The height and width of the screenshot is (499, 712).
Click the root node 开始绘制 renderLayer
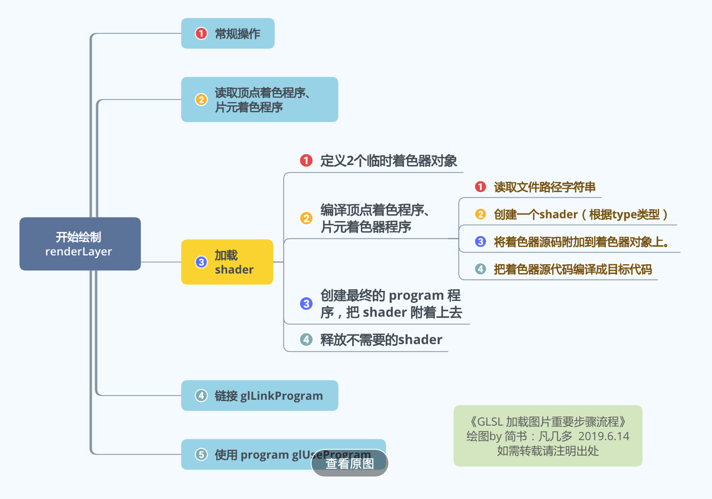click(80, 244)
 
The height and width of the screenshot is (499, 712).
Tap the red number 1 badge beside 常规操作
click(201, 34)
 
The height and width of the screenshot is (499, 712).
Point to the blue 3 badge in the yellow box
click(201, 262)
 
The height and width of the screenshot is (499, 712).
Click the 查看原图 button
click(350, 463)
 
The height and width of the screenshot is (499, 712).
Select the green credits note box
click(548, 436)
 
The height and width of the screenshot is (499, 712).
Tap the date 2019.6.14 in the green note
click(603, 436)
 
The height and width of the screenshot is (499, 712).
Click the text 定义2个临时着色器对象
click(388, 161)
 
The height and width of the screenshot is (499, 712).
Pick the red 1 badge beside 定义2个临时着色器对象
click(306, 161)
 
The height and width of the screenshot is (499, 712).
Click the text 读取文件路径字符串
click(545, 187)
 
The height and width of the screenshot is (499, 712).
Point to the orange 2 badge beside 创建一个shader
click(480, 214)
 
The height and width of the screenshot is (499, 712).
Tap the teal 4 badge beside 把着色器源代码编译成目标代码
click(480, 269)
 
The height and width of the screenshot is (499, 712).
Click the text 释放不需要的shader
click(381, 340)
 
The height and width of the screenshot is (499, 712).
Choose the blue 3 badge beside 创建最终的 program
click(306, 303)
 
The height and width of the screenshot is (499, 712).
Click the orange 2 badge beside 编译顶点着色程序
click(306, 218)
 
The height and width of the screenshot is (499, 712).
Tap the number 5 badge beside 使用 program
click(201, 455)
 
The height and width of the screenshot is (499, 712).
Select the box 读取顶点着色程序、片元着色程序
click(259, 100)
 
